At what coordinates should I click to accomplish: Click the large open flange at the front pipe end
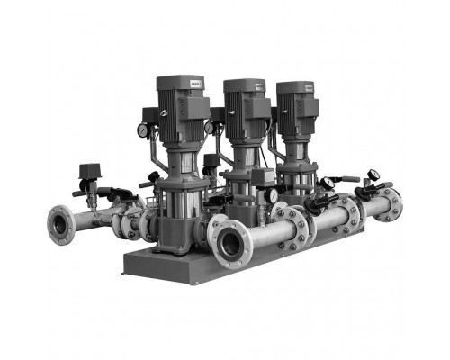230,240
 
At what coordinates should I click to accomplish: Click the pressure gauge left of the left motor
142,130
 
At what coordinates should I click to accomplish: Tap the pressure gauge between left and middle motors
210,127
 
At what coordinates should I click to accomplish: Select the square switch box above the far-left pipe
90,171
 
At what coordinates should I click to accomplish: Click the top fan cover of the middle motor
244,84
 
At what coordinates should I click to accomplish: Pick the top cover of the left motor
173,81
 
